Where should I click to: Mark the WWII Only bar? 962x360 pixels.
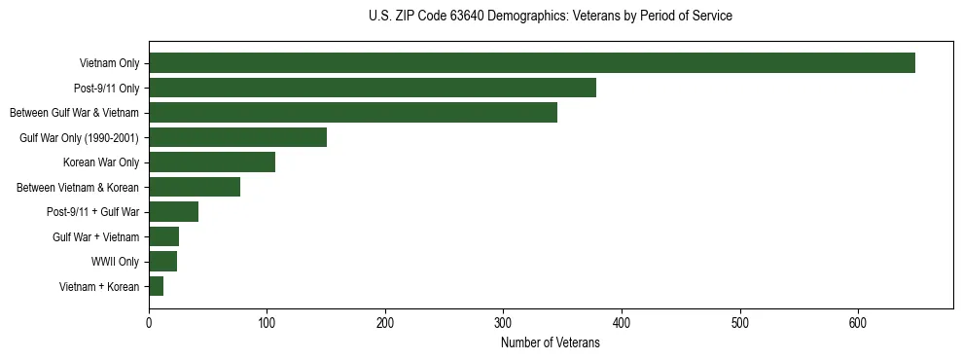(x=163, y=262)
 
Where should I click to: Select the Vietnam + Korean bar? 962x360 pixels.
(x=157, y=286)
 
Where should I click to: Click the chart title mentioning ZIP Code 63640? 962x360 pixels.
(x=551, y=17)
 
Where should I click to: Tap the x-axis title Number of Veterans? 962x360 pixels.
(x=551, y=343)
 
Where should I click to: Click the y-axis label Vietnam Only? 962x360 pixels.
(x=109, y=63)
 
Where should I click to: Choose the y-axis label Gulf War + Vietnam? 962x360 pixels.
(x=96, y=236)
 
